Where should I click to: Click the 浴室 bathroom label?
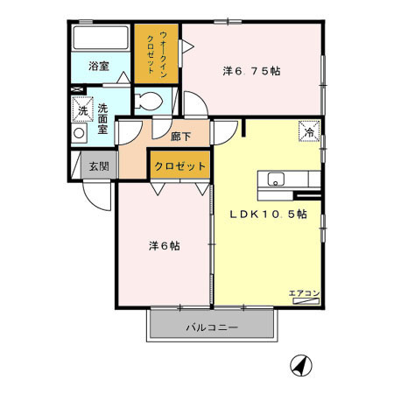coord(99,67)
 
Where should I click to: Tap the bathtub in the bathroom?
coord(101,38)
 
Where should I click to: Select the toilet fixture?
coord(148,102)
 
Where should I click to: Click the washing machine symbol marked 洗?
coord(82,109)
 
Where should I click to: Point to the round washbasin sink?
coord(79,133)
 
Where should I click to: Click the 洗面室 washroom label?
coord(102,119)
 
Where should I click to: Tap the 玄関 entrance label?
coord(99,166)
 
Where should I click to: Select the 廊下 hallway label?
coord(180,137)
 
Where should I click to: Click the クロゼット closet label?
coord(180,166)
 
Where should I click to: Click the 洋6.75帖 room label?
coord(251,71)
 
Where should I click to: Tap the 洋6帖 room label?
coord(165,246)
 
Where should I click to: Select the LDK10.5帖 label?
coord(268,215)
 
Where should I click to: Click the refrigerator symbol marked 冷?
coord(309,131)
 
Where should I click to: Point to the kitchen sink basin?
coord(276,179)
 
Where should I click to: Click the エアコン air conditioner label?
coord(305,293)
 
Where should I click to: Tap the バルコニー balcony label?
coord(212,327)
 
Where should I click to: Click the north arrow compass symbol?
coord(301,365)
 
